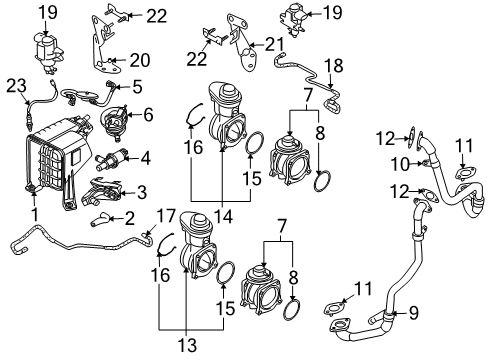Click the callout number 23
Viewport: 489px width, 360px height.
click(x=17, y=86)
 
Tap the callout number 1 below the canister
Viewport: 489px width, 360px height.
click(x=35, y=214)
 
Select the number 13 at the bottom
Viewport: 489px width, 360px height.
click(x=187, y=345)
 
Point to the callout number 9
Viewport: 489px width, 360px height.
click(x=413, y=313)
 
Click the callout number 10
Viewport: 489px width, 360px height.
click(x=400, y=164)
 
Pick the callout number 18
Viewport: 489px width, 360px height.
click(x=334, y=66)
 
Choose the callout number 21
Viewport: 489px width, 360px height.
click(x=274, y=44)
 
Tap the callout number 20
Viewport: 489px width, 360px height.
click(x=140, y=60)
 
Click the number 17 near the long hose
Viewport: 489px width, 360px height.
click(x=166, y=216)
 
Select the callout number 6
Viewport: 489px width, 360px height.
click(x=148, y=114)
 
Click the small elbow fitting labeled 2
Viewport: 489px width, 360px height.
click(x=99, y=220)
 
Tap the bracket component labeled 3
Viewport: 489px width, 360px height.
click(x=100, y=192)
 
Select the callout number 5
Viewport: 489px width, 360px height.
click(x=137, y=86)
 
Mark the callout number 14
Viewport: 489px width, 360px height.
click(x=224, y=218)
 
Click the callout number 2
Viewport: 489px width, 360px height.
click(x=129, y=218)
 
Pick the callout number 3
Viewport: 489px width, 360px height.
click(x=142, y=192)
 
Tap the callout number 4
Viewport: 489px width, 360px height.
click(x=145, y=158)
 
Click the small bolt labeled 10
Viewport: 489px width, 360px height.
click(x=425, y=163)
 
